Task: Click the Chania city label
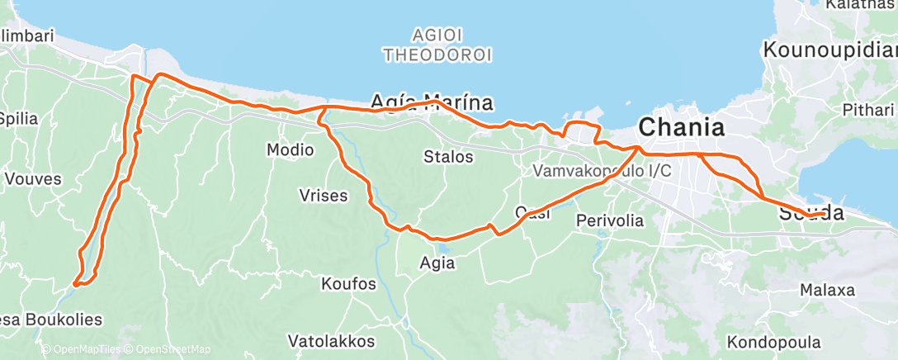682,128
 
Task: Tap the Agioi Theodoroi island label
437,45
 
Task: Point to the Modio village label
290,150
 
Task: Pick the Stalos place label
448,156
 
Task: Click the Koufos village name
348,284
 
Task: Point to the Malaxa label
827,291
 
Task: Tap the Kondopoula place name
774,342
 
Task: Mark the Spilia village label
18,118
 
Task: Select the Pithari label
867,109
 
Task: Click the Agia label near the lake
437,263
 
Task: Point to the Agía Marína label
432,102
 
